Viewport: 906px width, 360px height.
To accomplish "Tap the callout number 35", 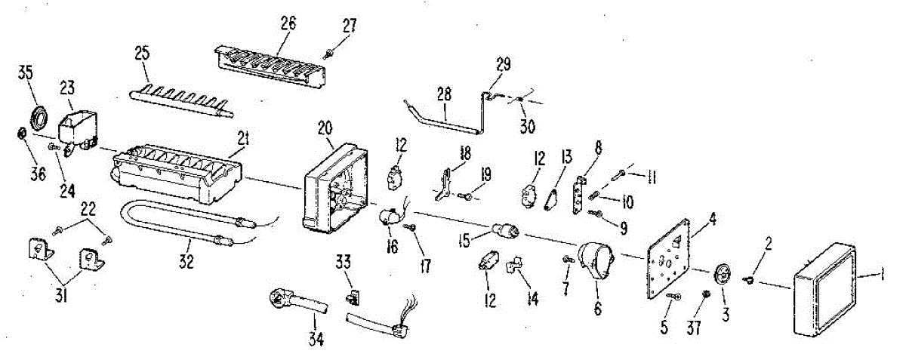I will pyautogui.click(x=26, y=72).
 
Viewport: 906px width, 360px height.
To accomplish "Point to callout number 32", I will pyautogui.click(x=186, y=262).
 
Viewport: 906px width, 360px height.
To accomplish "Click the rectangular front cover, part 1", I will pyautogui.click(x=824, y=289).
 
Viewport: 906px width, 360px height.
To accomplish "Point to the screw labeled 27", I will pyautogui.click(x=331, y=51).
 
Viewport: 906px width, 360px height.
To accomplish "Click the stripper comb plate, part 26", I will pyautogui.click(x=272, y=66).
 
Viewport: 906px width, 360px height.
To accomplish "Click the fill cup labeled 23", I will pyautogui.click(x=78, y=125).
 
